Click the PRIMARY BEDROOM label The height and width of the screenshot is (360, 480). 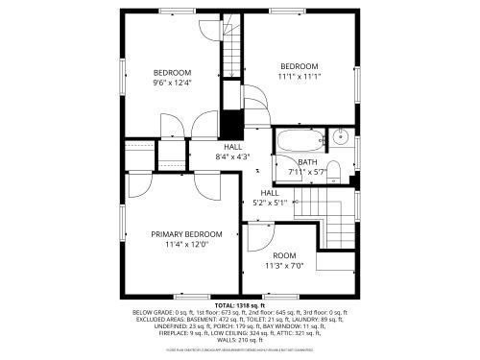[x=186, y=234]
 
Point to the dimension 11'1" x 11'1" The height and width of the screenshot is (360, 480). [x=299, y=76]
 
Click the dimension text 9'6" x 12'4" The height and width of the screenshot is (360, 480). [x=173, y=83]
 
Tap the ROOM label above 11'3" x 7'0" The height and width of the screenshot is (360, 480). [x=283, y=255]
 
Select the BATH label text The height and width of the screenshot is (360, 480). [x=307, y=162]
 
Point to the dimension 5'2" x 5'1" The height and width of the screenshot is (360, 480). [x=270, y=203]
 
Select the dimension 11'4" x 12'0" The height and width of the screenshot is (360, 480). [x=186, y=244]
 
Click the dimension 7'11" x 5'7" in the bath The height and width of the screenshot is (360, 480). [x=308, y=172]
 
